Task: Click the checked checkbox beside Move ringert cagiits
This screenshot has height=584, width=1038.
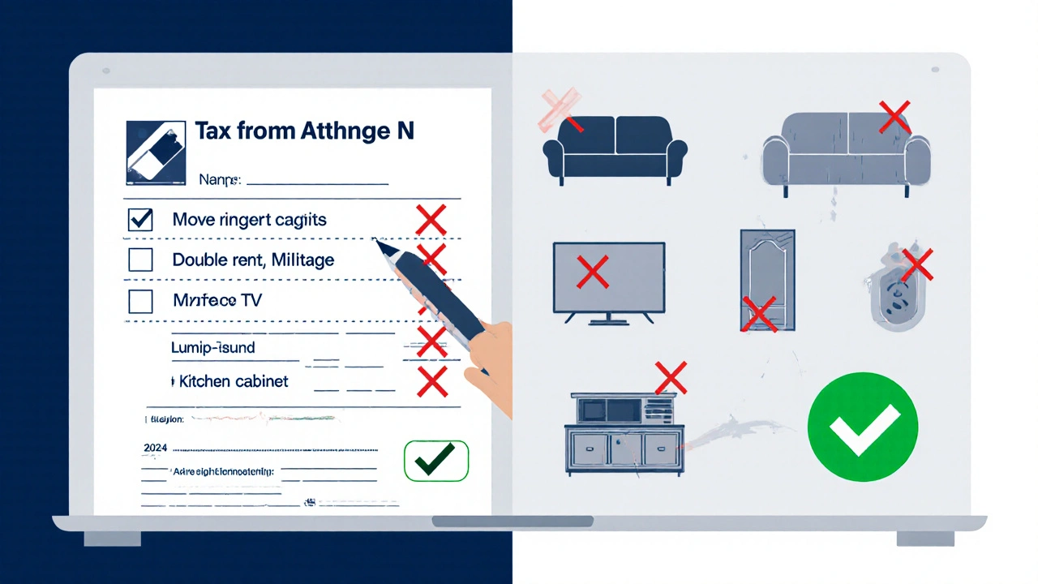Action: click(140, 220)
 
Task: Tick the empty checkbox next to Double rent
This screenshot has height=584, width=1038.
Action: click(140, 260)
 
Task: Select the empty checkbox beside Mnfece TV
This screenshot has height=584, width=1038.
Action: click(140, 301)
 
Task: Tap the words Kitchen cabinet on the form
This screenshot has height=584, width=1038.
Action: click(234, 380)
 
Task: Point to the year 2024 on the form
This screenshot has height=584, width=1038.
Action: click(155, 447)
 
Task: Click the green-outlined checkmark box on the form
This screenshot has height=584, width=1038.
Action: click(436, 461)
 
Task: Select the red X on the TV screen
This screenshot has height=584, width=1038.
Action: click(592, 273)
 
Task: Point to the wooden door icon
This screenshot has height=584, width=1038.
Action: click(767, 280)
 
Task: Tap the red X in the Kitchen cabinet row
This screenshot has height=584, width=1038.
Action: click(431, 381)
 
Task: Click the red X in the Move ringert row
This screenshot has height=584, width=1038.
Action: click(431, 220)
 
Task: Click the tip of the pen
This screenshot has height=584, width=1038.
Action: click(375, 240)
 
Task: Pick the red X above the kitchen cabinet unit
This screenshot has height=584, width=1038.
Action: click(671, 377)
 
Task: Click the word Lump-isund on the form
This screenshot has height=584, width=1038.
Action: click(213, 348)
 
